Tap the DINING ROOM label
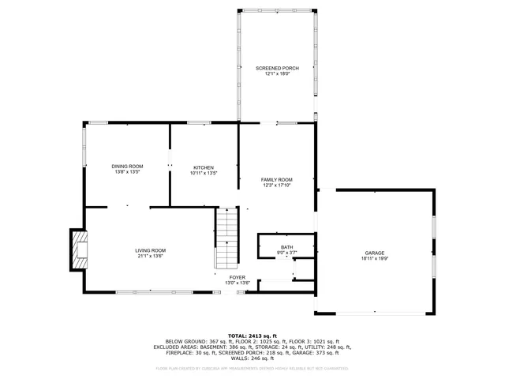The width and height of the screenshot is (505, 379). [x=127, y=167]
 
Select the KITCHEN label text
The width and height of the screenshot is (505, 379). [x=204, y=167]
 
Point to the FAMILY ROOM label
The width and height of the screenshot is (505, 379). [x=277, y=180]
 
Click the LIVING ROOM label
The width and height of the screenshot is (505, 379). [x=150, y=250]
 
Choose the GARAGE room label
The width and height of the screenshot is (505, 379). [x=375, y=253]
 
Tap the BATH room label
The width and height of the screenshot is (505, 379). [x=286, y=248]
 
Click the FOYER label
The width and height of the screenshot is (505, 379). [x=237, y=277]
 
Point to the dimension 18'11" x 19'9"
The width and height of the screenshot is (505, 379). [x=375, y=258]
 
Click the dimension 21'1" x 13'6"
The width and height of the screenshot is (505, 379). [x=150, y=256]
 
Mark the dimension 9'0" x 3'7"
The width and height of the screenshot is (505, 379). [x=286, y=253]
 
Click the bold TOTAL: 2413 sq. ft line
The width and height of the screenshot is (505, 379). [x=252, y=335]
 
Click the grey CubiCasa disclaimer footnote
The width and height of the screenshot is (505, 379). [x=252, y=368]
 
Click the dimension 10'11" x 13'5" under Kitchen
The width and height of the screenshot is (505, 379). [x=204, y=173]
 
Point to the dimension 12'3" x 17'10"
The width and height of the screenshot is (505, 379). [x=277, y=186]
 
